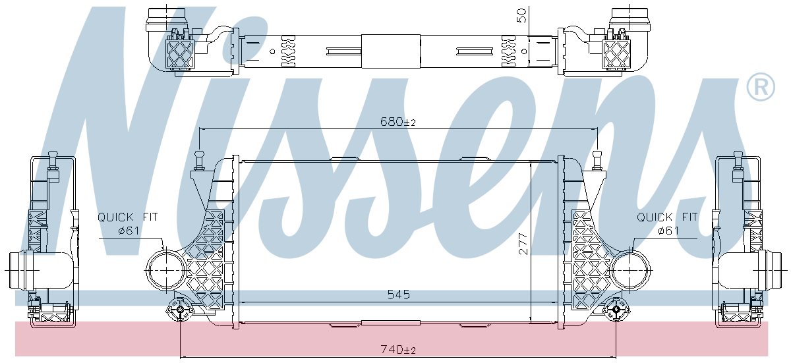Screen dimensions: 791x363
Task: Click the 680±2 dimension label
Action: point(398,122)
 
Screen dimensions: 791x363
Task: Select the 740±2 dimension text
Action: point(398,350)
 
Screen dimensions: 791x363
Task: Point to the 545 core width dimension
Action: point(399,294)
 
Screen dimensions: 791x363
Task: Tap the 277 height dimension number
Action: point(523,243)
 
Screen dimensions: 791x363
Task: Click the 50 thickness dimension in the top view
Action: point(521,16)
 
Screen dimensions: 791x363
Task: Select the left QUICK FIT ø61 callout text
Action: point(128,223)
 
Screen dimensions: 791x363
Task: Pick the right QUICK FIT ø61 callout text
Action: point(667,223)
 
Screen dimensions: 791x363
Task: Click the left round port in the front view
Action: point(166,270)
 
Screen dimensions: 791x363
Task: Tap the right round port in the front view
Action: point(631,270)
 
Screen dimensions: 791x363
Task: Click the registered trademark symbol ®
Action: point(761,87)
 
